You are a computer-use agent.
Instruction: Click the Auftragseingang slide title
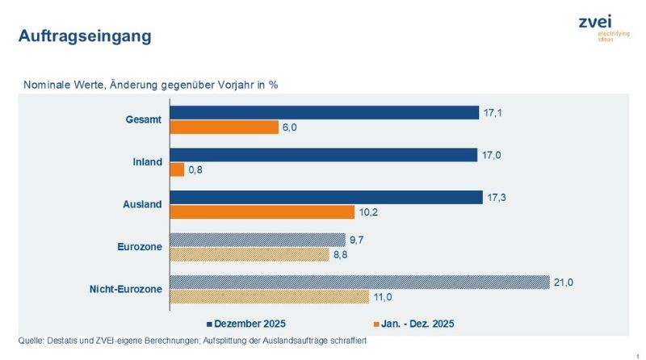(x=84, y=36)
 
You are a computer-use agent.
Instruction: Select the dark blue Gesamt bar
(x=324, y=113)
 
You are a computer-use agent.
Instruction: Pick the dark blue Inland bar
(x=323, y=155)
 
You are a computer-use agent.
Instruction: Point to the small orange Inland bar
(x=177, y=170)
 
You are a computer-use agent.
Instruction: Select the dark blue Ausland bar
(x=325, y=197)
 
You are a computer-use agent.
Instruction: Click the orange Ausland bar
(x=262, y=212)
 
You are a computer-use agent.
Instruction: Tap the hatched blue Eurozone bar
(x=257, y=240)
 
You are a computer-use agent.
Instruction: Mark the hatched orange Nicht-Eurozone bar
(x=269, y=296)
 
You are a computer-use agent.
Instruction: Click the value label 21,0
(x=563, y=282)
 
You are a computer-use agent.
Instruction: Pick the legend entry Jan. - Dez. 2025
(x=413, y=324)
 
